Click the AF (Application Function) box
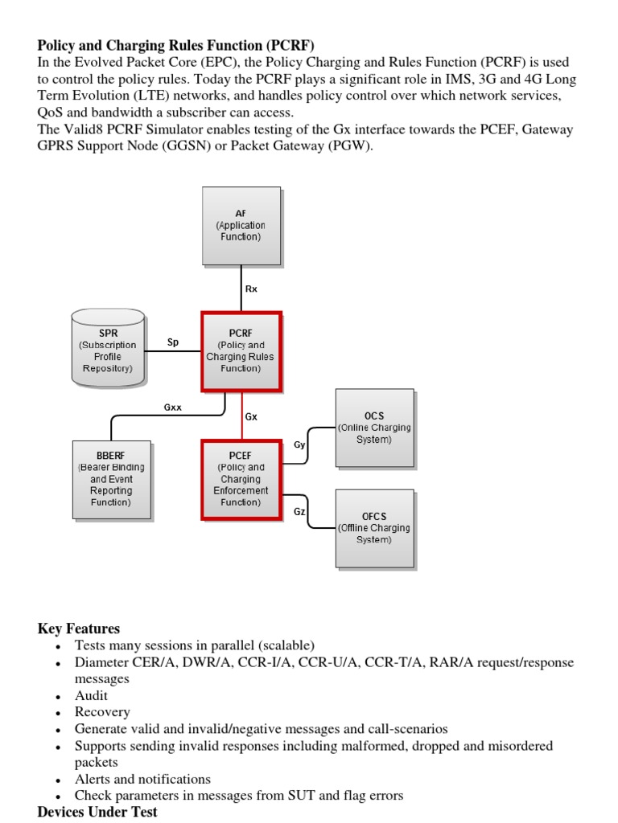tap(241, 226)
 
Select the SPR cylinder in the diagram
tap(108, 346)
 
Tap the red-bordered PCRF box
tap(241, 351)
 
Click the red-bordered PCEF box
tap(241, 479)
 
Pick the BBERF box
tap(111, 479)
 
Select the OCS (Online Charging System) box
tap(374, 428)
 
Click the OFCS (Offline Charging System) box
tap(374, 528)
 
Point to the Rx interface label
tap(252, 289)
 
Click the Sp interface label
tap(173, 342)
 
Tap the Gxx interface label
tap(173, 407)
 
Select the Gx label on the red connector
tap(251, 417)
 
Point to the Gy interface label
tap(299, 444)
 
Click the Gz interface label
tap(299, 512)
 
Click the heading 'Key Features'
tap(79, 629)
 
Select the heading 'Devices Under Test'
tap(97, 812)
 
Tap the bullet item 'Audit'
tap(91, 695)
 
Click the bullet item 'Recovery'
tap(102, 712)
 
